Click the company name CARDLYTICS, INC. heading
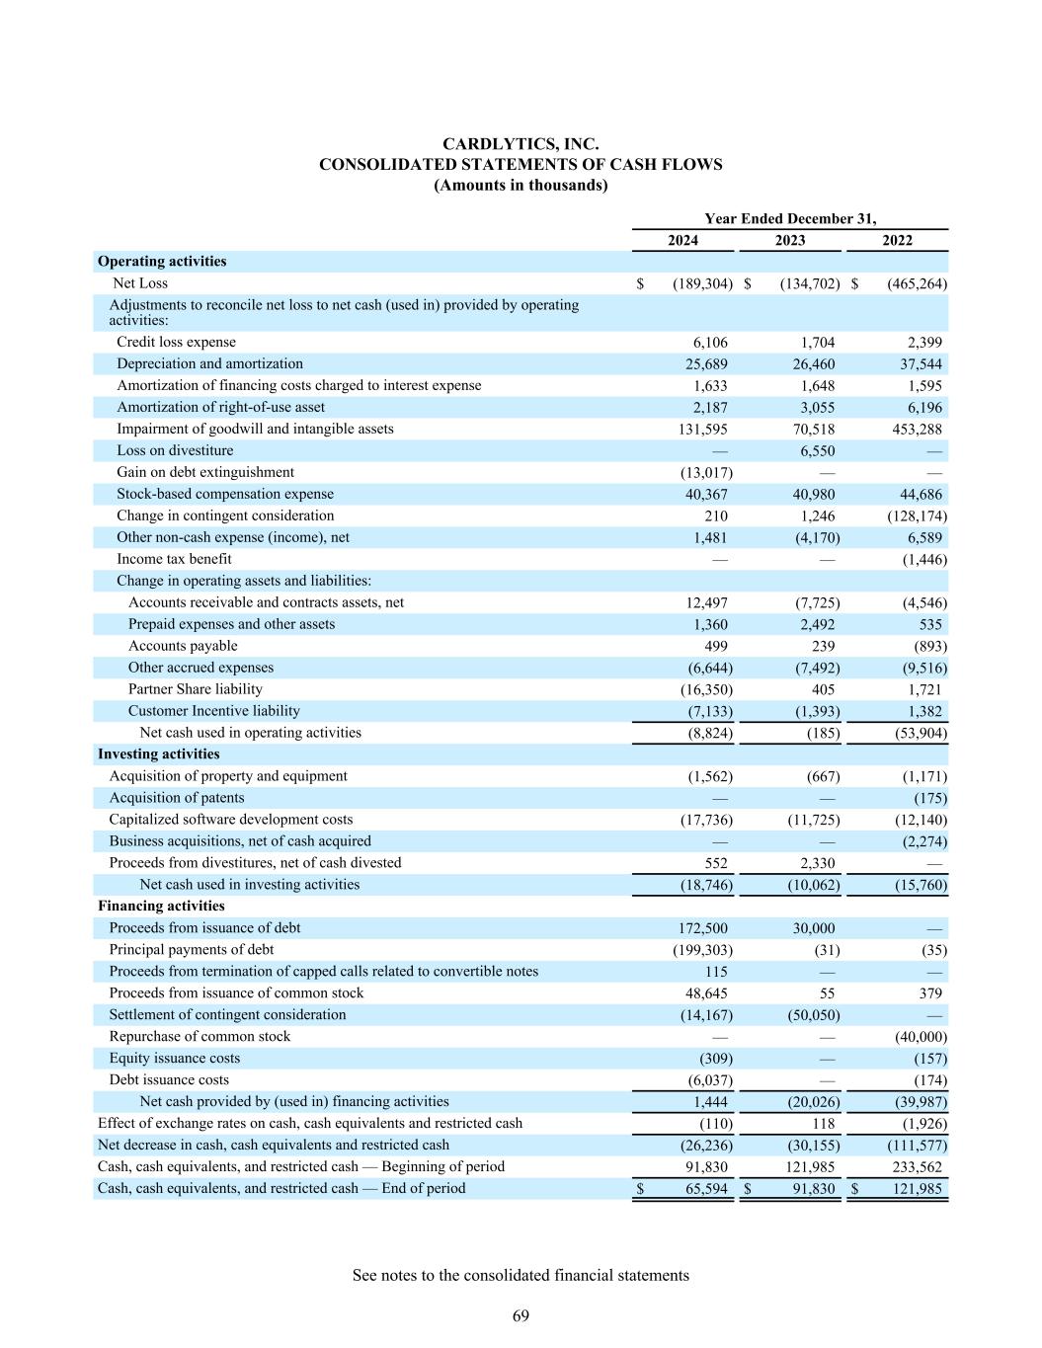521,144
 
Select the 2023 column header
789,240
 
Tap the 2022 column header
897,240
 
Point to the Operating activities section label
162,262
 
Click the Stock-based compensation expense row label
225,494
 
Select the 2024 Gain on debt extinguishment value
702,472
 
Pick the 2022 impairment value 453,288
910,429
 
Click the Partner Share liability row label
196,689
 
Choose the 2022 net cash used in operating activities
914,733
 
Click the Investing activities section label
159,754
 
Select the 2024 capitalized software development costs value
702,820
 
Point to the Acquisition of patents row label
177,798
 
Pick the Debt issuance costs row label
169,1080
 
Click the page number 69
521,1315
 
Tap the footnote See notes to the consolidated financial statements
521,1275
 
